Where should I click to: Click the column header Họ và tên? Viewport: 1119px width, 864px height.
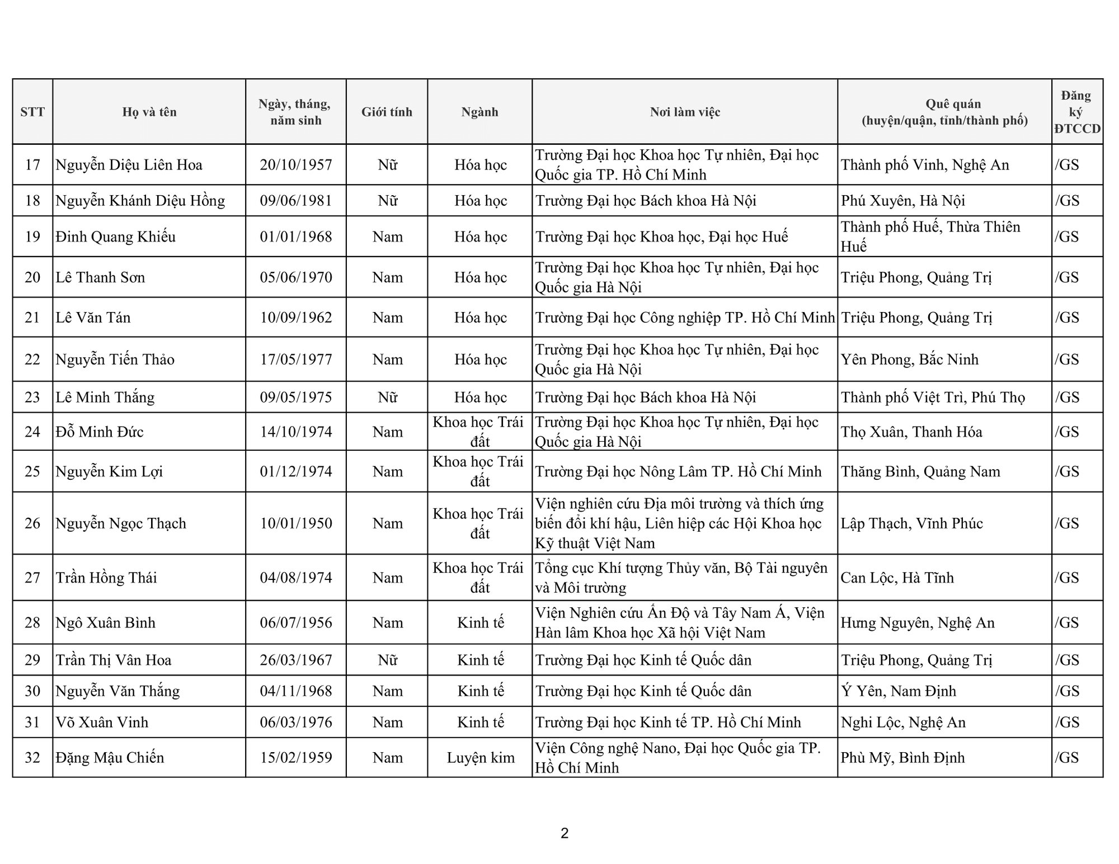click(x=149, y=112)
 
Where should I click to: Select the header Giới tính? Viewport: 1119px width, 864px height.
click(x=387, y=112)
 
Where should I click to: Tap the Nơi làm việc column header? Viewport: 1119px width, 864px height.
click(x=685, y=112)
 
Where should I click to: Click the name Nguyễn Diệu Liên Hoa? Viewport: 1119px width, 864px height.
click(x=129, y=165)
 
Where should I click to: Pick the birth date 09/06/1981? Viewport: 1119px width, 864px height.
click(x=296, y=201)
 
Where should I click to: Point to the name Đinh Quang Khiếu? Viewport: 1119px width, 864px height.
click(x=115, y=237)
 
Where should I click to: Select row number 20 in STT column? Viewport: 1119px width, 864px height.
click(x=32, y=277)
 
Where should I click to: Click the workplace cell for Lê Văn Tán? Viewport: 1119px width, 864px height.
click(x=685, y=318)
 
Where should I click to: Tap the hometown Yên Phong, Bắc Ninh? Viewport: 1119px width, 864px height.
click(x=910, y=360)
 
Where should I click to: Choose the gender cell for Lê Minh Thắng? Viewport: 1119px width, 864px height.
click(x=387, y=398)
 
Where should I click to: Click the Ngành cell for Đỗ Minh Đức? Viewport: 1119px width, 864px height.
click(x=479, y=432)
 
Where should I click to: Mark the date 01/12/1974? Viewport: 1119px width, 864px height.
click(x=296, y=471)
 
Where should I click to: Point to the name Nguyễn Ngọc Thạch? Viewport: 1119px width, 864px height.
click(x=121, y=523)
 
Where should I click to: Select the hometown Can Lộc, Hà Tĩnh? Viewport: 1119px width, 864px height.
click(x=897, y=578)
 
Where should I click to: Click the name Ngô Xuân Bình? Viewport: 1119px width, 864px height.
click(x=105, y=623)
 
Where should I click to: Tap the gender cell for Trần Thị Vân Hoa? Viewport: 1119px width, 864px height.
click(x=387, y=660)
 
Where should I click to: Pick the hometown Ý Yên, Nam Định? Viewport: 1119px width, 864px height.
click(x=898, y=691)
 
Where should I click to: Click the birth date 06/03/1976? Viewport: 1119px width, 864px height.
click(x=296, y=723)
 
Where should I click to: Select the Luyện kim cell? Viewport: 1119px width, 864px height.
click(x=480, y=758)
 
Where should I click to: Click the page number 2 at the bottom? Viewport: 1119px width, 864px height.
click(x=565, y=833)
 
